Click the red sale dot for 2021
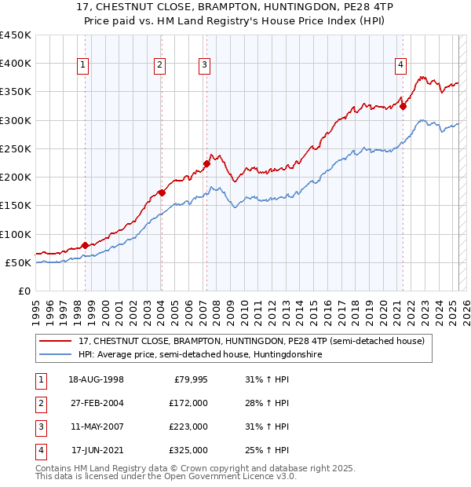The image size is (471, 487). pos(403,107)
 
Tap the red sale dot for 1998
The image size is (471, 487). pos(85,245)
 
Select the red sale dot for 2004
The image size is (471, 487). pos(162,192)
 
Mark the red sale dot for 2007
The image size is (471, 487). pos(206,163)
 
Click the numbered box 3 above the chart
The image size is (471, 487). pos(204,66)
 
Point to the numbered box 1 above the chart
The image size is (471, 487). pos(82,66)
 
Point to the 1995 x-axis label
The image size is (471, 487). pos(35,305)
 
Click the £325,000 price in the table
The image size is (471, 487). pos(188,450)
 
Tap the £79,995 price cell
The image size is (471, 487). pos(191,379)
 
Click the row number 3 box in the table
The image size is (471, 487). pos(39,427)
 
